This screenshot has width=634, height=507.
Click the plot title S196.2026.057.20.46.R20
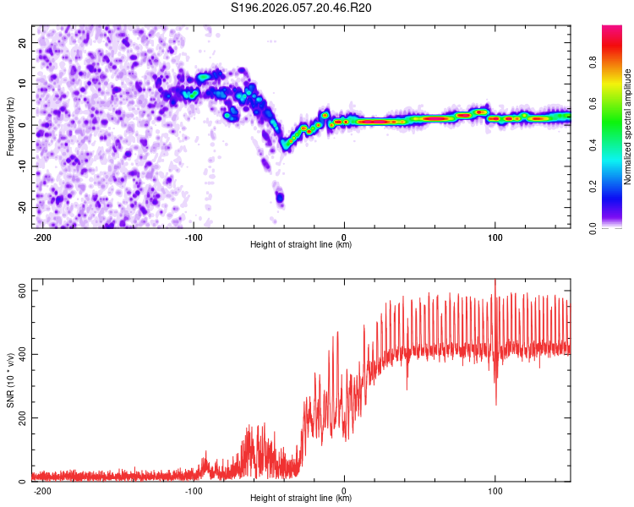[x=302, y=8]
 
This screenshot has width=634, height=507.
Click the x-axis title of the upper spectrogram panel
[x=301, y=244]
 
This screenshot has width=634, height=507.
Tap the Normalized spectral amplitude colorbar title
[x=628, y=127]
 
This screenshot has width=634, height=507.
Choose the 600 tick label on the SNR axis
[x=18, y=291]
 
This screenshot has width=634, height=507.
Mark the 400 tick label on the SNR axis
[x=18, y=354]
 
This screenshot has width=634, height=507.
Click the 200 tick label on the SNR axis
[x=18, y=418]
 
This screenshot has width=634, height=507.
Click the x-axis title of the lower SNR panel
[x=301, y=499]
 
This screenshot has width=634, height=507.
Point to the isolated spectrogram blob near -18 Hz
[x=280, y=198]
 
